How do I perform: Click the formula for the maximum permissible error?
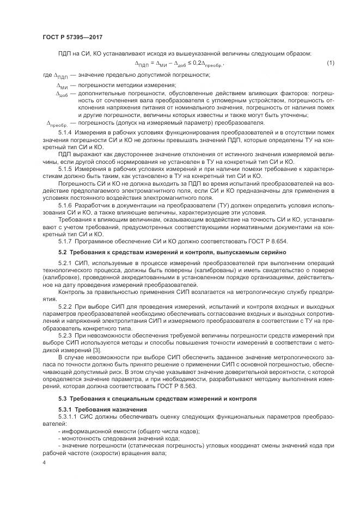click(180, 65)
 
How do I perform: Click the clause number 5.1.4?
click(65, 133)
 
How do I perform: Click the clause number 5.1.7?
click(65, 240)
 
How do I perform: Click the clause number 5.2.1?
click(65, 264)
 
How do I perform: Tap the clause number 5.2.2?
click(65, 308)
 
